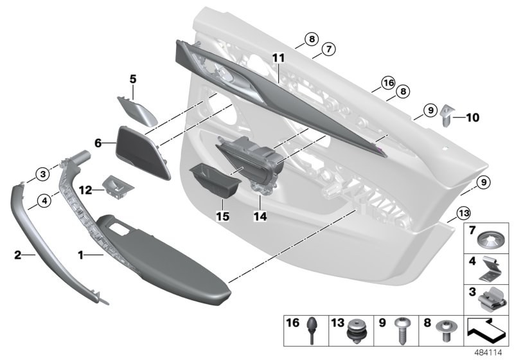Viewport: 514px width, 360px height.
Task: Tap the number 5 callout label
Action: click(x=133, y=80)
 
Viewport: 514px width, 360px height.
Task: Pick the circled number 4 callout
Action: click(x=43, y=201)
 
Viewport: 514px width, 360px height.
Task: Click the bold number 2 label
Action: click(x=18, y=255)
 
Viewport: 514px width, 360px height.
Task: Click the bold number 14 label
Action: click(x=260, y=217)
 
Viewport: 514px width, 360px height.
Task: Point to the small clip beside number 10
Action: click(x=448, y=118)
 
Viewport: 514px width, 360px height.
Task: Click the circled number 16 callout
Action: click(x=387, y=83)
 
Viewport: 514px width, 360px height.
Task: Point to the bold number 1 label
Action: click(x=82, y=255)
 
